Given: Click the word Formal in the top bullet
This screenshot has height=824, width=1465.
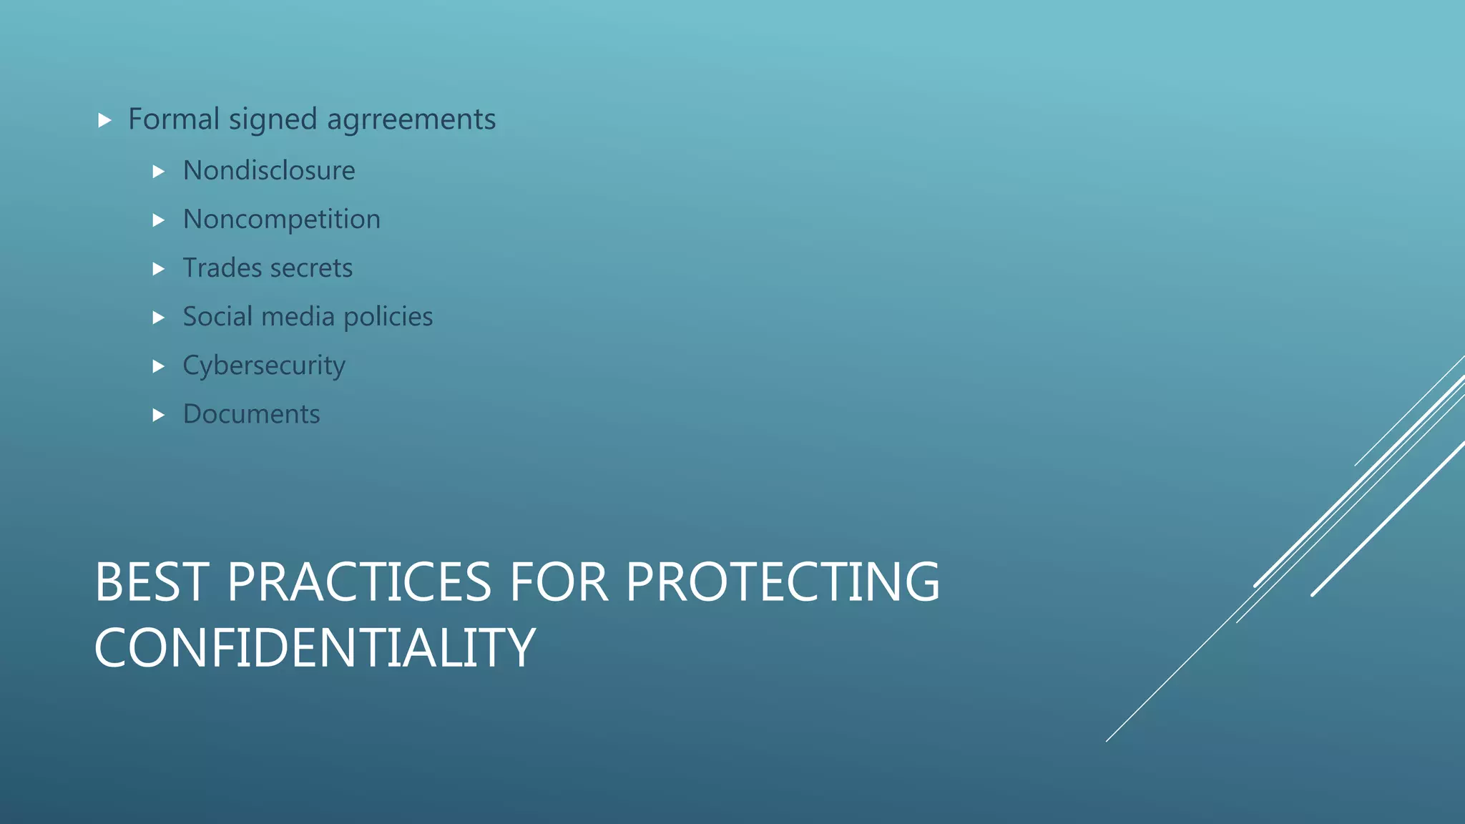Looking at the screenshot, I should (x=173, y=119).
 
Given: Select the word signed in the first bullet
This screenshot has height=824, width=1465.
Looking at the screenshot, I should (x=273, y=119).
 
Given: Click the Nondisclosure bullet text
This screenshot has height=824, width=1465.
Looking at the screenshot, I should (x=269, y=170).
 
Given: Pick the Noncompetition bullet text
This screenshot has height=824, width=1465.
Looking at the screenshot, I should (x=282, y=219).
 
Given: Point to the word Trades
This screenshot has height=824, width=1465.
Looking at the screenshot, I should (x=222, y=268).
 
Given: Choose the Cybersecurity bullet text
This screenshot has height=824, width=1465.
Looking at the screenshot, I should (x=264, y=366).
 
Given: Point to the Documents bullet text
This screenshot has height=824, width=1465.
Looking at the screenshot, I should (x=252, y=414).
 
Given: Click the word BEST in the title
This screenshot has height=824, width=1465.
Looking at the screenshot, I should (x=152, y=582).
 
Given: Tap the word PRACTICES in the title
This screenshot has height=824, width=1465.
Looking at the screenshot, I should (x=359, y=582).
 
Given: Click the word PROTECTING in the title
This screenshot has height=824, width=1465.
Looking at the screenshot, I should (x=783, y=582).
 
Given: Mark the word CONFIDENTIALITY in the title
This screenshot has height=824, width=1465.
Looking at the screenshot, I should (x=315, y=648).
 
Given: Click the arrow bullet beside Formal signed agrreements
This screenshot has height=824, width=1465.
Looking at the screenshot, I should (x=105, y=120).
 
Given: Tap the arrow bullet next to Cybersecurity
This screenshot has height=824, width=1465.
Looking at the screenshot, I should (x=159, y=367).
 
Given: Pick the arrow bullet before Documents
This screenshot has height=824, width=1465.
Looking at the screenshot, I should (x=159, y=416).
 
